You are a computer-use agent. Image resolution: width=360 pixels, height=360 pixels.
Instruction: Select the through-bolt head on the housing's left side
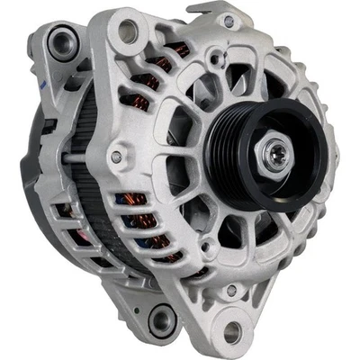coord(116,158)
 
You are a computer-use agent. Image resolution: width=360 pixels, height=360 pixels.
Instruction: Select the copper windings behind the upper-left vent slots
coord(162,63)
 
